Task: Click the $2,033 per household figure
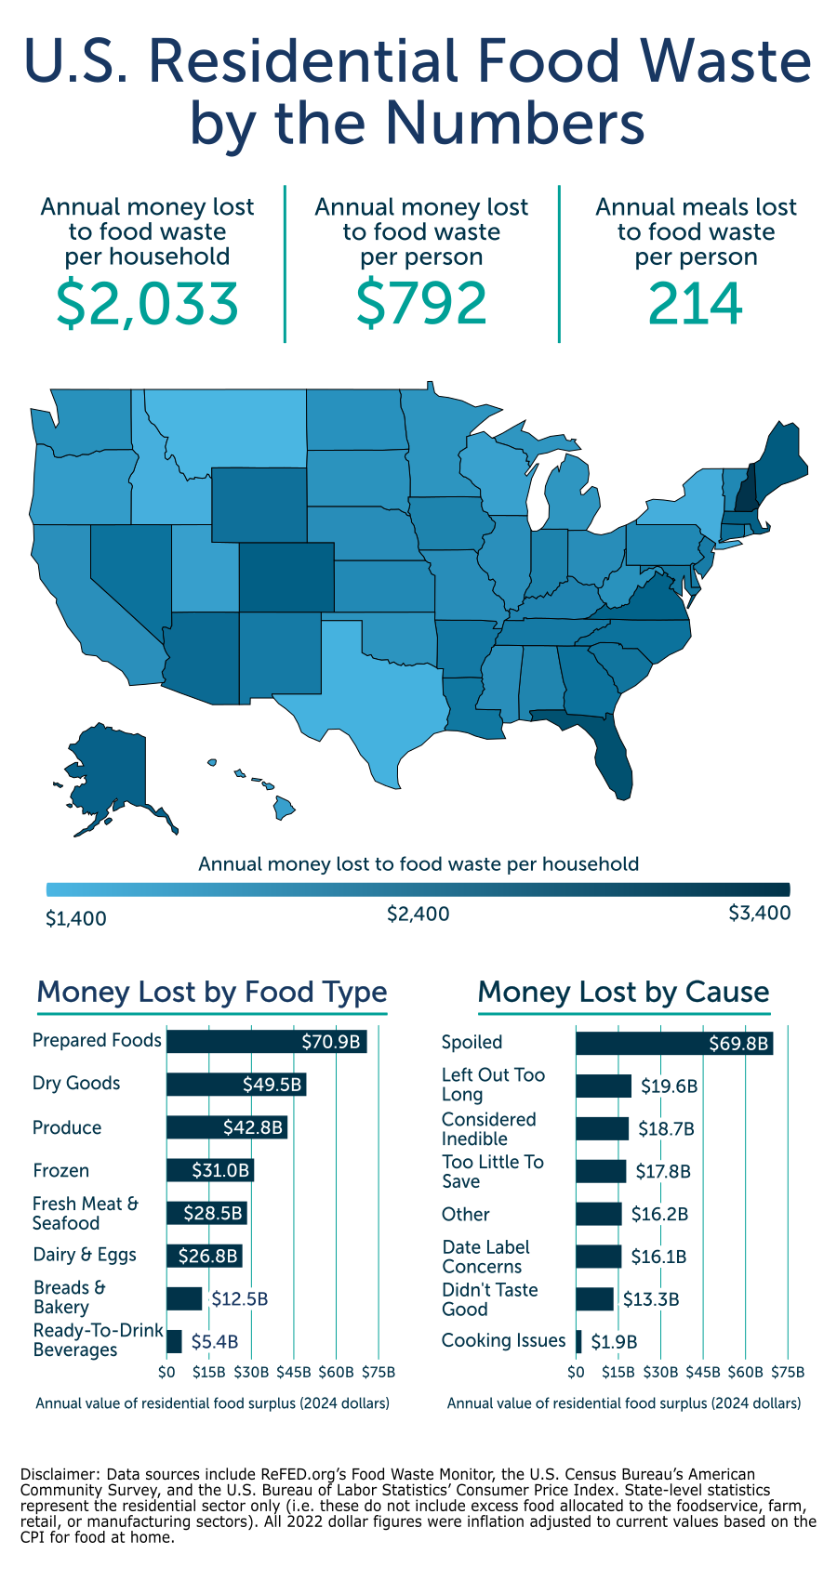coord(148,304)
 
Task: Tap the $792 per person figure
coord(421,304)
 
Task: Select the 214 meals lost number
coord(696,304)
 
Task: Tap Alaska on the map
coord(107,771)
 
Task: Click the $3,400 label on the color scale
coord(759,913)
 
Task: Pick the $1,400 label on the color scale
coord(76,918)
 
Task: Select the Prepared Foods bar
coord(266,1041)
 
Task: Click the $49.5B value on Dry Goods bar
coord(272,1085)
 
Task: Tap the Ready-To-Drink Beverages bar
coord(174,1341)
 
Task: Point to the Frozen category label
coord(60,1170)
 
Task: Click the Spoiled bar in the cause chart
coord(673,1043)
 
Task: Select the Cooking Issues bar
coord(578,1341)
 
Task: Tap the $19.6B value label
coord(669,1086)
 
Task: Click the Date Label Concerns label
coord(485,1257)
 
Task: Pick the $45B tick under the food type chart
coord(294,1372)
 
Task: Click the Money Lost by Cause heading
coord(623,992)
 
